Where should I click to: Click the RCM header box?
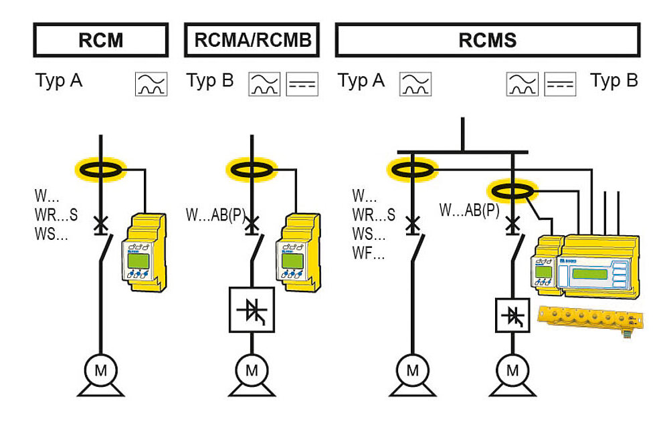tap(100, 40)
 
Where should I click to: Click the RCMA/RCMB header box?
tap(252, 40)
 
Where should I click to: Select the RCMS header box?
tap(487, 40)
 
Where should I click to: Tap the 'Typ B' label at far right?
tap(613, 82)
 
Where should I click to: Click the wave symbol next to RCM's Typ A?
tap(151, 84)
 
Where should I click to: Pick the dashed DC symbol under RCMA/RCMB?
tap(302, 84)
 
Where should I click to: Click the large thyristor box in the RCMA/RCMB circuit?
tap(252, 309)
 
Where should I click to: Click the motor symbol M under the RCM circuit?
tap(100, 370)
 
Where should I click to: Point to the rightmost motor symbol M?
tap(512, 370)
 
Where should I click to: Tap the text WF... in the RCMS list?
tap(369, 254)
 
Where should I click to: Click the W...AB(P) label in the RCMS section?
tap(469, 210)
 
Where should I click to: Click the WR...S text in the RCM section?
tap(56, 215)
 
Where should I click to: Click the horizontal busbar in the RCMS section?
tap(462, 152)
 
